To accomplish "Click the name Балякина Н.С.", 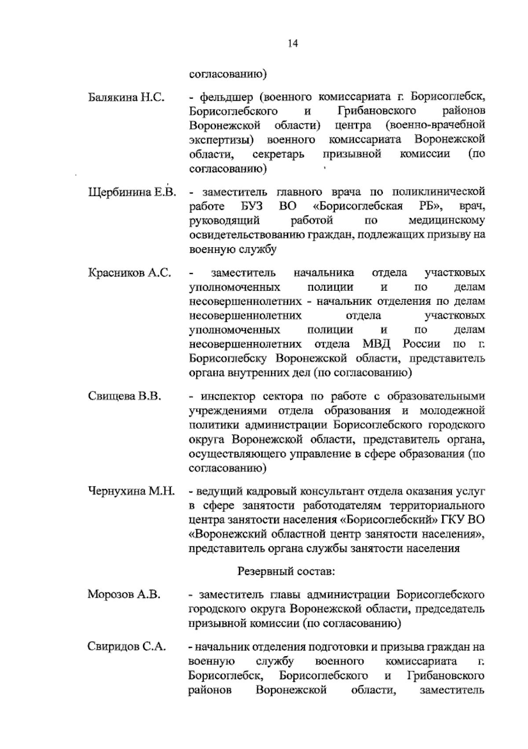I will tap(126, 97).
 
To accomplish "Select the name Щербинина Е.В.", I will tap(132, 193).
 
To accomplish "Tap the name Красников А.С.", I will tap(129, 273).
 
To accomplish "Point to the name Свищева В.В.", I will tap(125, 397).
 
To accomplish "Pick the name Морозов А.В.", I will tap(124, 595).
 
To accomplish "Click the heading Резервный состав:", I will tap(286, 572).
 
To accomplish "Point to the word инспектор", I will tap(225, 397).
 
